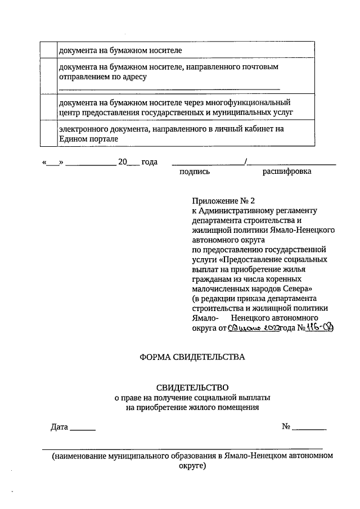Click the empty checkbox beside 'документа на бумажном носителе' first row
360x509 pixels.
[48, 51]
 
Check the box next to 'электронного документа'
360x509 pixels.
[48, 133]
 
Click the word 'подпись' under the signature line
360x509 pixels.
[194, 172]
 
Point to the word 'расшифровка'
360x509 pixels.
[287, 172]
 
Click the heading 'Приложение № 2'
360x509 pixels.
[223, 200]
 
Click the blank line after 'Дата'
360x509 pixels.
[83, 429]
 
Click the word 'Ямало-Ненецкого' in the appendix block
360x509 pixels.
[304, 231]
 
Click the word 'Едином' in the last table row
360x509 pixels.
[72, 138]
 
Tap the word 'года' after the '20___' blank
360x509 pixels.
[149, 162]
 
